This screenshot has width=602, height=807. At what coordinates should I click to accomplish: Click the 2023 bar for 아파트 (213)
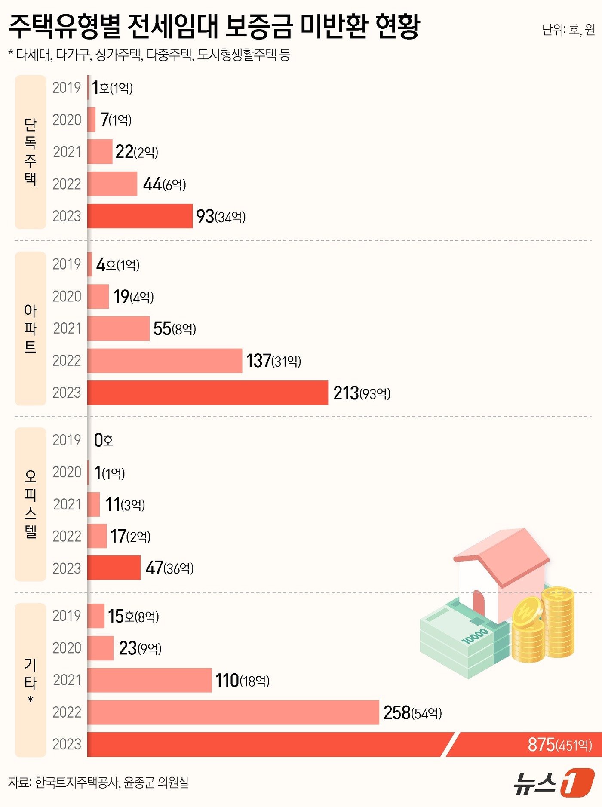pyautogui.click(x=208, y=393)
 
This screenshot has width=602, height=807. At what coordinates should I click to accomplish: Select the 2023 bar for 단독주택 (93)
pyautogui.click(x=140, y=216)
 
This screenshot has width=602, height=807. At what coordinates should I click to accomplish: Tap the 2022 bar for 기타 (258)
pyautogui.click(x=233, y=712)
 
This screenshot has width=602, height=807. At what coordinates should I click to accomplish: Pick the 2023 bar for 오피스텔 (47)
pyautogui.click(x=114, y=568)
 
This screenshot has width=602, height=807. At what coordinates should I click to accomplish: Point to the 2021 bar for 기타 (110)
pyautogui.click(x=150, y=680)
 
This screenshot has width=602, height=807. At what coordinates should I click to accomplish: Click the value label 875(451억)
pyautogui.click(x=560, y=745)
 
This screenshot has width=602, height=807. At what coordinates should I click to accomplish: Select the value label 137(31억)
pyautogui.click(x=273, y=361)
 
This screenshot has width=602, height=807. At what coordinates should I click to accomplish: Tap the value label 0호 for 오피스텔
pyautogui.click(x=104, y=440)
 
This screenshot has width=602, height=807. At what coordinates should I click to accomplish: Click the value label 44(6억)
pyautogui.click(x=165, y=184)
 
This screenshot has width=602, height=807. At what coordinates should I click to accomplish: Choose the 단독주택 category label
pyautogui.click(x=30, y=152)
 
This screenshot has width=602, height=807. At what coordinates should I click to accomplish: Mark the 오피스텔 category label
pyautogui.click(x=30, y=504)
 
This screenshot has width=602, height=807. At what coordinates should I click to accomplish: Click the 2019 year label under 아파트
pyautogui.click(x=67, y=264)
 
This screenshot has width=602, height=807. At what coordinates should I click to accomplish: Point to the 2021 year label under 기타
pyautogui.click(x=67, y=680)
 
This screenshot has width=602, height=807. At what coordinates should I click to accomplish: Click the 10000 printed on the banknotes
pyautogui.click(x=475, y=635)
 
